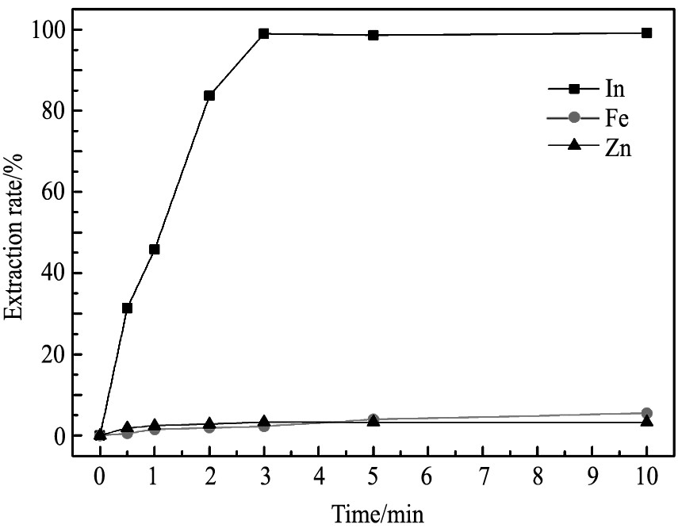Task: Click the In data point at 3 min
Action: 264,34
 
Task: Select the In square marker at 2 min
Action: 209,95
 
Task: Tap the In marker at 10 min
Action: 646,33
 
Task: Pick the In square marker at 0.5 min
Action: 127,308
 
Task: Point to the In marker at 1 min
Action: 155,249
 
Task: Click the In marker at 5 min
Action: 373,35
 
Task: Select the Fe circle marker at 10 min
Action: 646,413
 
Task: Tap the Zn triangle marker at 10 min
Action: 646,421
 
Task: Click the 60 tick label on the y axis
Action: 52,192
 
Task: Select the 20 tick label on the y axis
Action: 52,354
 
